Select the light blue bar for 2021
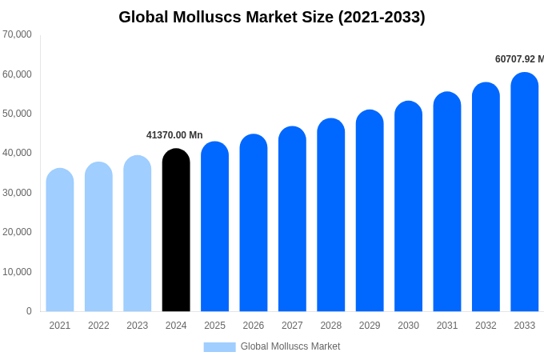click(x=60, y=240)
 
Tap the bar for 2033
click(x=524, y=192)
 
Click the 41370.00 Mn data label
click(x=174, y=135)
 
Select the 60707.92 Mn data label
click(x=518, y=59)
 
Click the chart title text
click(x=272, y=17)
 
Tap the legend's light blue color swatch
click(x=219, y=347)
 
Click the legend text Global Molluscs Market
click(x=290, y=346)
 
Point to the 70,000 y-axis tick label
click(x=17, y=34)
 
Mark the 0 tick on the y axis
click(x=29, y=311)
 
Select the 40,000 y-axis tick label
click(x=17, y=153)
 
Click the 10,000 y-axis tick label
click(x=17, y=272)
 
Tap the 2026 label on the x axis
click(x=254, y=326)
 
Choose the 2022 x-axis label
click(x=98, y=326)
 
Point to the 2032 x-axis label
click(x=486, y=326)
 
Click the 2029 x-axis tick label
click(x=370, y=326)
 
